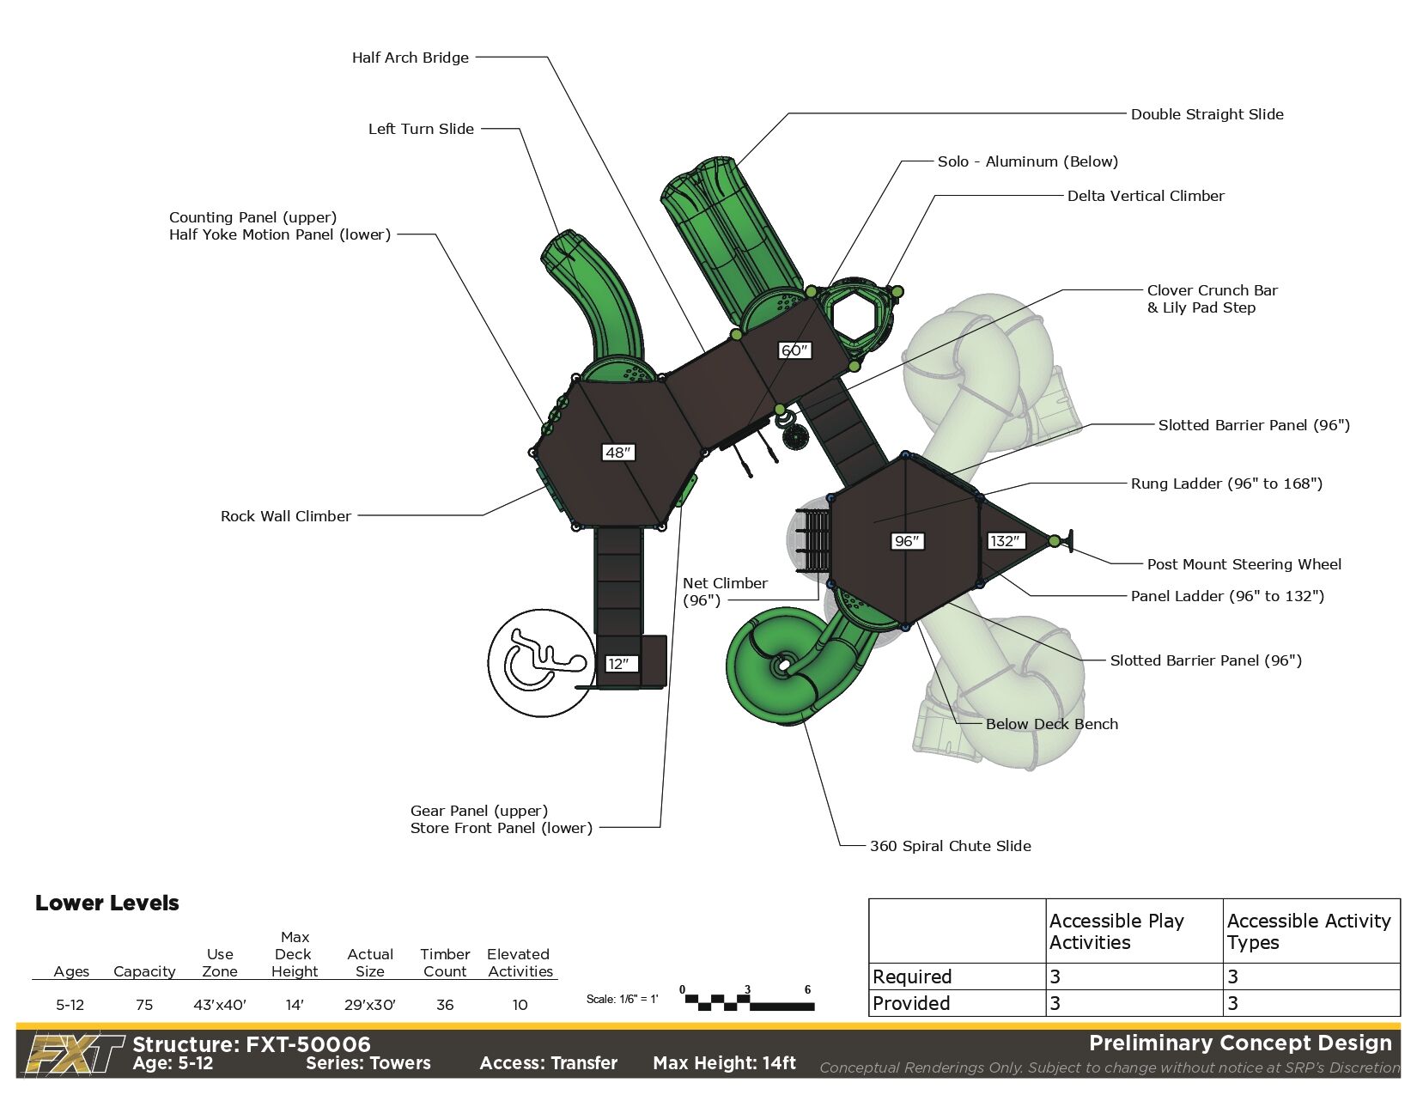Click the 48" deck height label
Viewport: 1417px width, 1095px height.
(x=617, y=453)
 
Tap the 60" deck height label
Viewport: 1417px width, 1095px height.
(x=794, y=350)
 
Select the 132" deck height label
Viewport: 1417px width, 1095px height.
(x=1004, y=541)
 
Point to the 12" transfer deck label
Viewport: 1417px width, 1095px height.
(x=617, y=664)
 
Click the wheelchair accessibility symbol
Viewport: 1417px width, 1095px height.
(x=541, y=662)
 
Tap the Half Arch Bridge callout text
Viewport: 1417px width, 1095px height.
(x=410, y=58)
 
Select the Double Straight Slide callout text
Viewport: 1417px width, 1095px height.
(x=1207, y=114)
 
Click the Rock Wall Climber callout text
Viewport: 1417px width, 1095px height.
(x=285, y=516)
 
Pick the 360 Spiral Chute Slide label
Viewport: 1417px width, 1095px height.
(x=950, y=846)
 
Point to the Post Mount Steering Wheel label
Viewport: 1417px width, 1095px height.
(x=1244, y=564)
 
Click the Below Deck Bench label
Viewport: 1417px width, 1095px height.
(x=1051, y=724)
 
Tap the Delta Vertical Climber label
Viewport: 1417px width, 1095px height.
(x=1145, y=196)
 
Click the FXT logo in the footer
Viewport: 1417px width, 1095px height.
(x=74, y=1054)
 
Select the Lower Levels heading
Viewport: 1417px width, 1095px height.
(x=107, y=903)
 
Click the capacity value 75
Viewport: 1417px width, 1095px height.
(x=143, y=1005)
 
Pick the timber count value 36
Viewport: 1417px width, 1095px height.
(x=444, y=1005)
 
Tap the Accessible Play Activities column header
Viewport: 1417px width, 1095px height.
(x=1116, y=931)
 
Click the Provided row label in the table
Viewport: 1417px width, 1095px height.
(x=911, y=1003)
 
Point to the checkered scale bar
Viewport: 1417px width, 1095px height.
(x=748, y=1001)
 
